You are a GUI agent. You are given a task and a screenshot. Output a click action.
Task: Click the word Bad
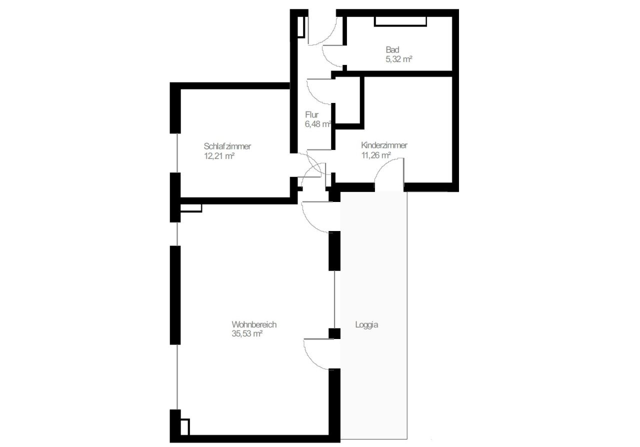(x=392, y=49)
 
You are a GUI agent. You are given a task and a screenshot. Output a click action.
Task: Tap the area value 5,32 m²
(x=399, y=59)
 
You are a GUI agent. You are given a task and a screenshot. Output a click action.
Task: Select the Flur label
(x=311, y=114)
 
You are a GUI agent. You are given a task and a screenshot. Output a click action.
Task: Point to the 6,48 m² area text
(x=318, y=124)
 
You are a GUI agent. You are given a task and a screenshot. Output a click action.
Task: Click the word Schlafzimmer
(x=227, y=146)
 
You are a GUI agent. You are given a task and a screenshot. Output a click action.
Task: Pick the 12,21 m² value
(x=219, y=156)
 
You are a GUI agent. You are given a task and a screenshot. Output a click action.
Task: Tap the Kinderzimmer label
(x=384, y=145)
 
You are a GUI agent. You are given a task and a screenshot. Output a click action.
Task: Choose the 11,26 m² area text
(x=376, y=155)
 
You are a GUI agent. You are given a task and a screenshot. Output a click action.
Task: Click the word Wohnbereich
(x=254, y=324)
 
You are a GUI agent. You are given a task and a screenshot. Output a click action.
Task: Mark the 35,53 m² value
(x=247, y=333)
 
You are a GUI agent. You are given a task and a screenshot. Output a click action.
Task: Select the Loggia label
(x=367, y=324)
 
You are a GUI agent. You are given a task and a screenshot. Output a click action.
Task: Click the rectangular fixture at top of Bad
(x=400, y=21)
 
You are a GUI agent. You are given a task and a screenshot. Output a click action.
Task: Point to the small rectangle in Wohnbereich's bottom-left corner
(x=185, y=427)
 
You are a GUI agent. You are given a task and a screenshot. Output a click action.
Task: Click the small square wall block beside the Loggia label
(x=334, y=333)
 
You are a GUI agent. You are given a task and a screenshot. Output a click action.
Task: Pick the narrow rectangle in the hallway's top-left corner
(x=301, y=26)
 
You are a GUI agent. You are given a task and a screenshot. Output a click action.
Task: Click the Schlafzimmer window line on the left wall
(x=177, y=153)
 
